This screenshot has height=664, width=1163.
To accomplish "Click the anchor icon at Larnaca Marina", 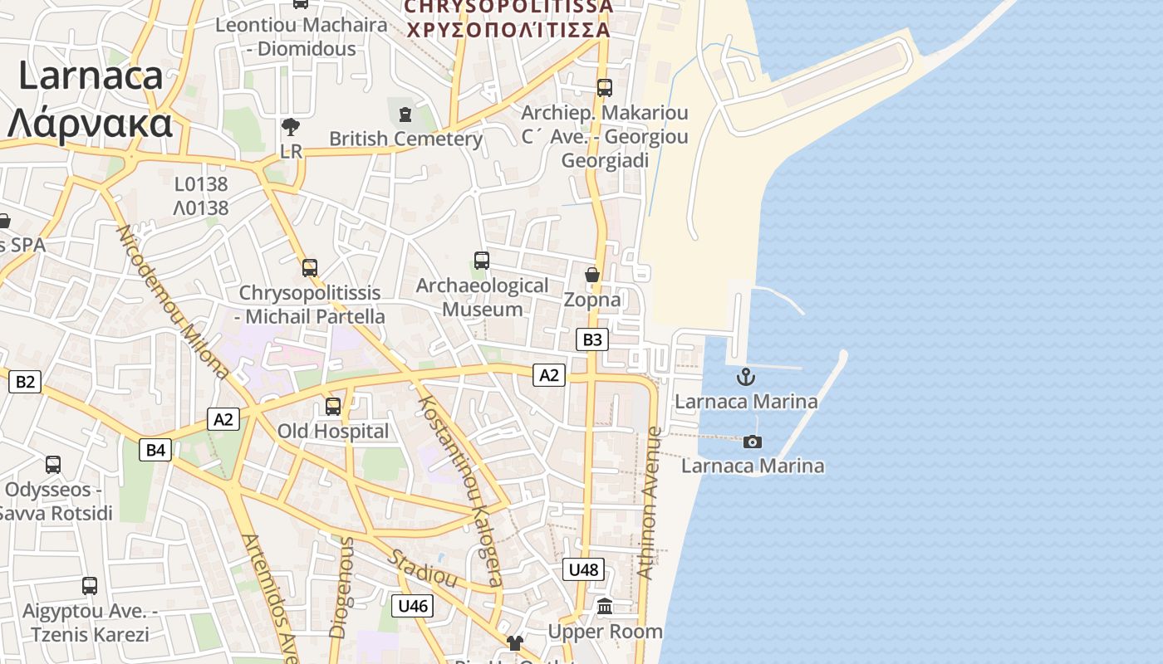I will (746, 378).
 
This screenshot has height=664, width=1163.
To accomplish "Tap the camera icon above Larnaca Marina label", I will (753, 442).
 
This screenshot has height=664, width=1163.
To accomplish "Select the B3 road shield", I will (591, 339).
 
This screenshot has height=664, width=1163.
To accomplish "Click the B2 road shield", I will (24, 382).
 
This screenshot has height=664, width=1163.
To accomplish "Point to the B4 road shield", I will (155, 450).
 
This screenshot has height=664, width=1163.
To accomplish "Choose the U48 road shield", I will (583, 569).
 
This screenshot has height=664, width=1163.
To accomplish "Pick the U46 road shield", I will (412, 606).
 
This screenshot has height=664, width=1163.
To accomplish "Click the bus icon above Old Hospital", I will (333, 406).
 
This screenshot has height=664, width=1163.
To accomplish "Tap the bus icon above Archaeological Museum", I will (481, 261).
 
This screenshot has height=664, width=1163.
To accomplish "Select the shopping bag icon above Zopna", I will (592, 275).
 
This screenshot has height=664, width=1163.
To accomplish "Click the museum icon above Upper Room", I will (605, 607).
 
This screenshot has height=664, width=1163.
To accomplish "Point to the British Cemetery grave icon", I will (405, 114).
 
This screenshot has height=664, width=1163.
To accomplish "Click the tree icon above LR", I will (291, 128).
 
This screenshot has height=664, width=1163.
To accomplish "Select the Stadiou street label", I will (424, 568).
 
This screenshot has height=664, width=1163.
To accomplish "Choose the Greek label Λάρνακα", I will (90, 124).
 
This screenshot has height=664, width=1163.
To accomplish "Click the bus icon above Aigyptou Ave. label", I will (90, 586).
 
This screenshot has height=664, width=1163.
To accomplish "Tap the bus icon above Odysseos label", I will (53, 465).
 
